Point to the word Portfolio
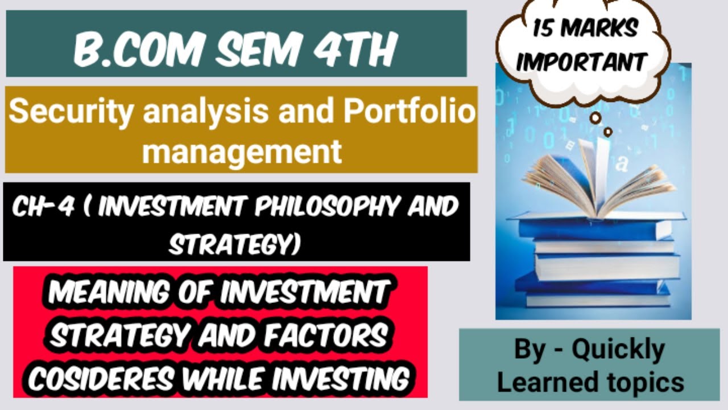(x=408, y=112)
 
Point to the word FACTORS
(x=332, y=336)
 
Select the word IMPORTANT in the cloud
(x=582, y=62)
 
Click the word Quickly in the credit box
(x=618, y=348)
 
